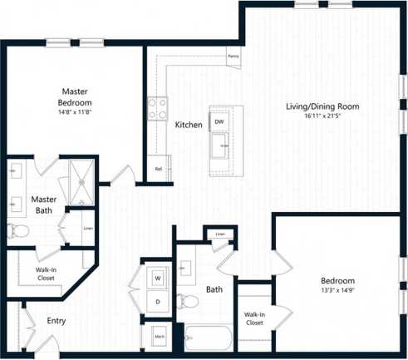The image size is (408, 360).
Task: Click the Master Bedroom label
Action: pyautogui.click(x=74, y=96)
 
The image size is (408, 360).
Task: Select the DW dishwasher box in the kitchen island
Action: pyautogui.click(x=219, y=121)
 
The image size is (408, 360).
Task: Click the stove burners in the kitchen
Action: pyautogui.click(x=156, y=107)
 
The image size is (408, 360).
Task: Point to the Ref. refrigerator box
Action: pyautogui.click(x=159, y=169)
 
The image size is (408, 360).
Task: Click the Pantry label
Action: pyautogui.click(x=233, y=57)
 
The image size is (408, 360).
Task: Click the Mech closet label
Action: pyautogui.click(x=158, y=337)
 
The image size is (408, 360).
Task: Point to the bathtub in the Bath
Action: pyautogui.click(x=208, y=338)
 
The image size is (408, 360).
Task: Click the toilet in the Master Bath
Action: pyautogui.click(x=16, y=230)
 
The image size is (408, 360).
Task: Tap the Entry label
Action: pyautogui.click(x=56, y=321)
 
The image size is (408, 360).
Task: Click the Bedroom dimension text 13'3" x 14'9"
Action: pyautogui.click(x=338, y=291)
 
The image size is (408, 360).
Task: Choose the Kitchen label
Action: pyautogui.click(x=189, y=126)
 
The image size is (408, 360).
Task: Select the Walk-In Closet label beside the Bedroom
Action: pyautogui.click(x=254, y=318)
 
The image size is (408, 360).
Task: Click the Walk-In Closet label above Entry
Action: pyautogui.click(x=42, y=274)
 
